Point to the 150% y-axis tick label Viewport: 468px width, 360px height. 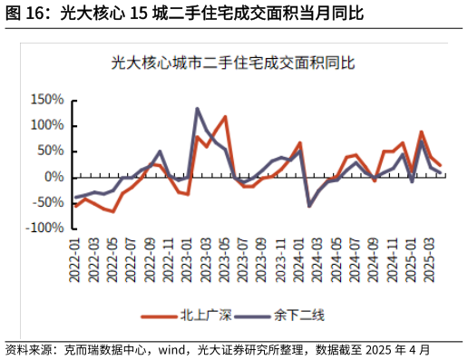(x=46, y=100)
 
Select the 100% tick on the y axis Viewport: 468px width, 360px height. (x=46, y=125)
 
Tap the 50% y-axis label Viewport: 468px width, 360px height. (x=50, y=151)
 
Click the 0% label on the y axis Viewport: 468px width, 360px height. (x=54, y=177)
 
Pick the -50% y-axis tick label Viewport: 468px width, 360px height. (x=48, y=202)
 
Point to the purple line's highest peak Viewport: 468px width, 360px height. (x=197, y=109)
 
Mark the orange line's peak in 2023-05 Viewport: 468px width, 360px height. (x=225, y=117)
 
